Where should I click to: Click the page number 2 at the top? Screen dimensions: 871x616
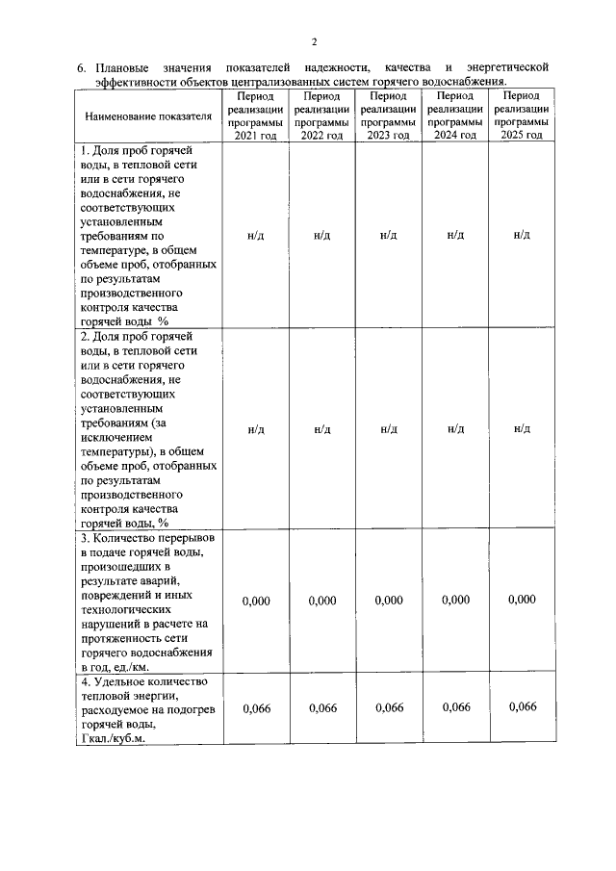point(314,40)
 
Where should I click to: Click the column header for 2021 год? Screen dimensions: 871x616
point(256,116)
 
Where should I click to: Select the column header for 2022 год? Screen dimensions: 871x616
point(322,116)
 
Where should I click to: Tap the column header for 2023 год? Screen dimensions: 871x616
point(389,116)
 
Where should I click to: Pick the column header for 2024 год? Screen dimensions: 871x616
point(455,116)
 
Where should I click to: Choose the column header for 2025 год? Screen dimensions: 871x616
point(522,116)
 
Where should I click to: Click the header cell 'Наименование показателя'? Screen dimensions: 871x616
point(148,116)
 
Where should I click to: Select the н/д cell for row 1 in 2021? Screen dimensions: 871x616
point(256,235)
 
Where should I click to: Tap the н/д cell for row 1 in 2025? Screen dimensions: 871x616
point(522,235)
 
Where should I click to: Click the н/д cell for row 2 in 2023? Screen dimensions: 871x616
point(389,428)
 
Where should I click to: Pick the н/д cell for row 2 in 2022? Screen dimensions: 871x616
point(322,428)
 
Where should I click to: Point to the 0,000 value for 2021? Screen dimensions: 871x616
point(256,601)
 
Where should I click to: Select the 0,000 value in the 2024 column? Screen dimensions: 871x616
point(455,600)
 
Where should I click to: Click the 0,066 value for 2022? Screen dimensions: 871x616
point(322,708)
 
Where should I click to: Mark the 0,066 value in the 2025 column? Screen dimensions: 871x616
point(522,707)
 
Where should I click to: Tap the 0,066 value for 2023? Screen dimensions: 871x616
point(389,708)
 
